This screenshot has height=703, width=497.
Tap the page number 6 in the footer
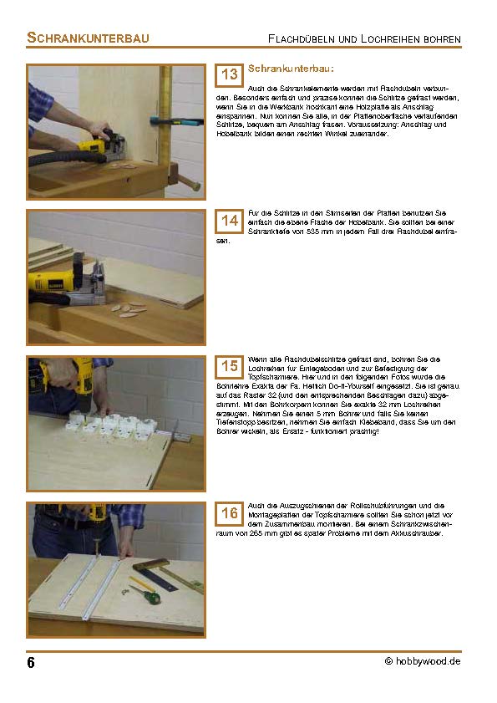(31, 663)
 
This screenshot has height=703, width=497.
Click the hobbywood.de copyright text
(423, 660)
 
